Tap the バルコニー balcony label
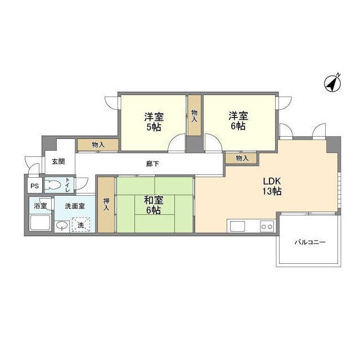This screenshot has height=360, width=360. [x=310, y=242]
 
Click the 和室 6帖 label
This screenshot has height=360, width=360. [x=153, y=205]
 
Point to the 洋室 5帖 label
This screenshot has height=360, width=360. [x=154, y=121]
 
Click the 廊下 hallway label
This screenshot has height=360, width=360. [x=152, y=164]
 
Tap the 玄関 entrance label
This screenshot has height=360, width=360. [x=58, y=161]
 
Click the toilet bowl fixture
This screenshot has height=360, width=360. [x=54, y=184]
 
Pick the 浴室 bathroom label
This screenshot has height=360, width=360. [x=40, y=206]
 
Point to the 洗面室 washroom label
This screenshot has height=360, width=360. [x=74, y=206]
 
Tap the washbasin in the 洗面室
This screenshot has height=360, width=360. [x=62, y=226]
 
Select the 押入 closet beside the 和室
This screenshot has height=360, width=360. [x=106, y=204]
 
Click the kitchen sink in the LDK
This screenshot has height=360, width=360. [x=237, y=226]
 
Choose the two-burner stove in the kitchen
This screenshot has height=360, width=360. [x=266, y=226]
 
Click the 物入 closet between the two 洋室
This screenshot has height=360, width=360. [x=195, y=116]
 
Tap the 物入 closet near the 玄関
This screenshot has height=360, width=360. [x=98, y=145]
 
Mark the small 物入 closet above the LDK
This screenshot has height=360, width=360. [x=242, y=159]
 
